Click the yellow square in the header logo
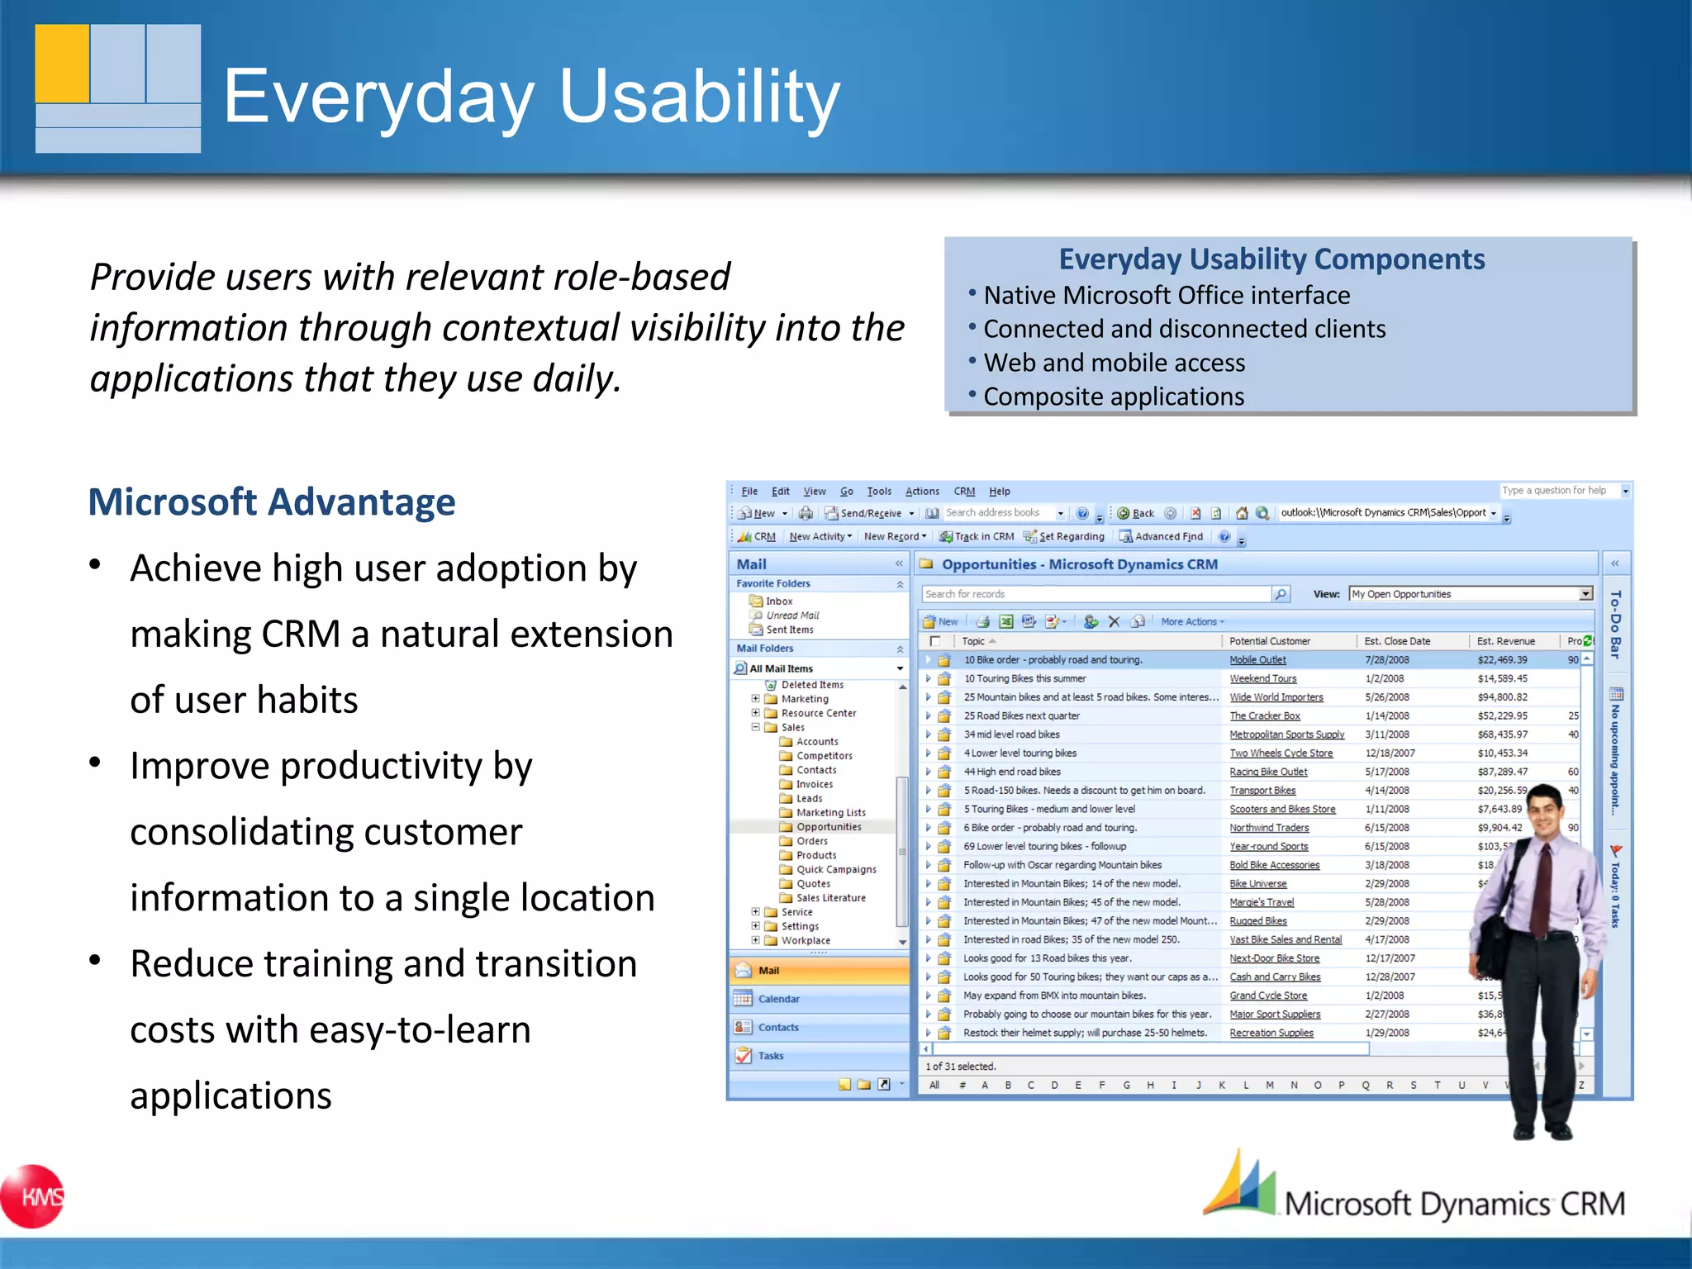(62, 64)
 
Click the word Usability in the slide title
(699, 97)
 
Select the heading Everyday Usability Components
(1271, 259)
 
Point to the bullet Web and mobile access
(1114, 363)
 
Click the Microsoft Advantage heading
(272, 502)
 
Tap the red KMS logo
(34, 1196)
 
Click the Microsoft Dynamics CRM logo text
(1454, 1204)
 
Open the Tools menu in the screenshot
(878, 491)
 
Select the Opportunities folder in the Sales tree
(828, 827)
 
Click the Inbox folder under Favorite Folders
(778, 601)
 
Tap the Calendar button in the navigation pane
(778, 999)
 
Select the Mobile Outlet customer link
(1257, 660)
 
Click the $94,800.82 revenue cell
(1502, 697)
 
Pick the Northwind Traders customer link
(1269, 828)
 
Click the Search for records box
(1095, 594)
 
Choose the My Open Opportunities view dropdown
(1470, 594)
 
